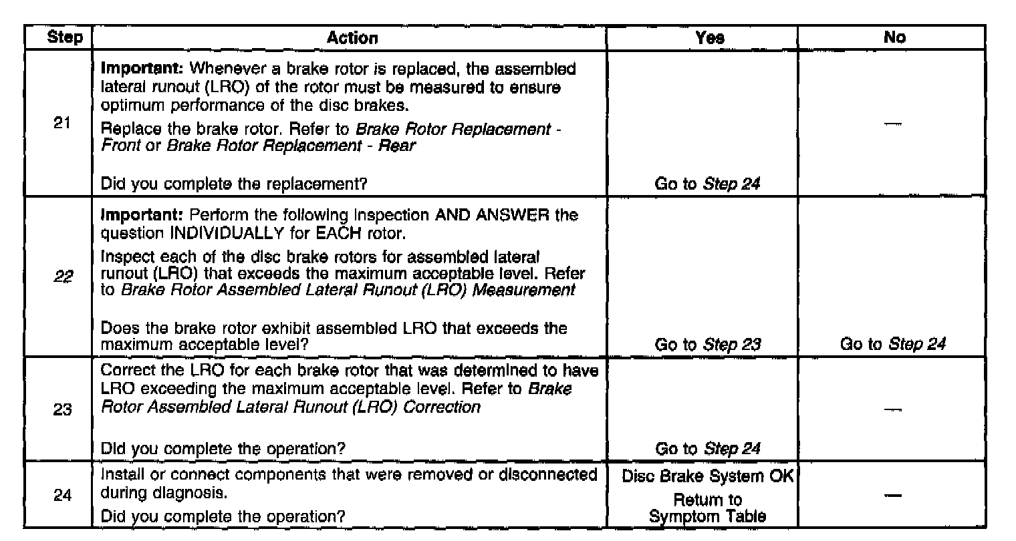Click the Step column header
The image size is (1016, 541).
click(66, 38)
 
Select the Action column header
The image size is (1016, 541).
click(352, 38)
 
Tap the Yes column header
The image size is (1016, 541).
click(709, 38)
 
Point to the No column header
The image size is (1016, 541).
click(894, 38)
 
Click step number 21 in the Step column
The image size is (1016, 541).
click(62, 125)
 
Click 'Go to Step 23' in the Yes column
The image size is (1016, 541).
click(708, 345)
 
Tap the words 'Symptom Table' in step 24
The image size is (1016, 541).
click(708, 516)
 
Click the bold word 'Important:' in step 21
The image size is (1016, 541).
click(132, 69)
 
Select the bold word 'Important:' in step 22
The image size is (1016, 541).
click(132, 216)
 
